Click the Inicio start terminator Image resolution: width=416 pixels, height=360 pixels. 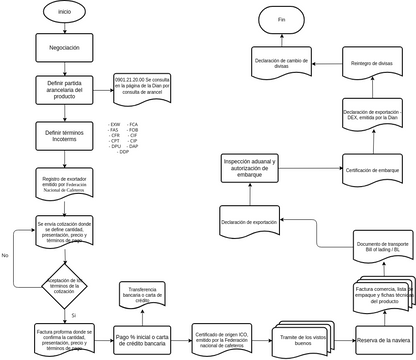pyautogui.click(x=64, y=12)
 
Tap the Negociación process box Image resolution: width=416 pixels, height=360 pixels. pyautogui.click(x=64, y=47)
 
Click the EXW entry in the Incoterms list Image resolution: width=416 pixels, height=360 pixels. pyautogui.click(x=115, y=124)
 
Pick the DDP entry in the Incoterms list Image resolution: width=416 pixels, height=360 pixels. pyautogui.click(x=124, y=151)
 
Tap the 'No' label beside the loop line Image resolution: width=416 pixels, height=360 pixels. pyautogui.click(x=6, y=256)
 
